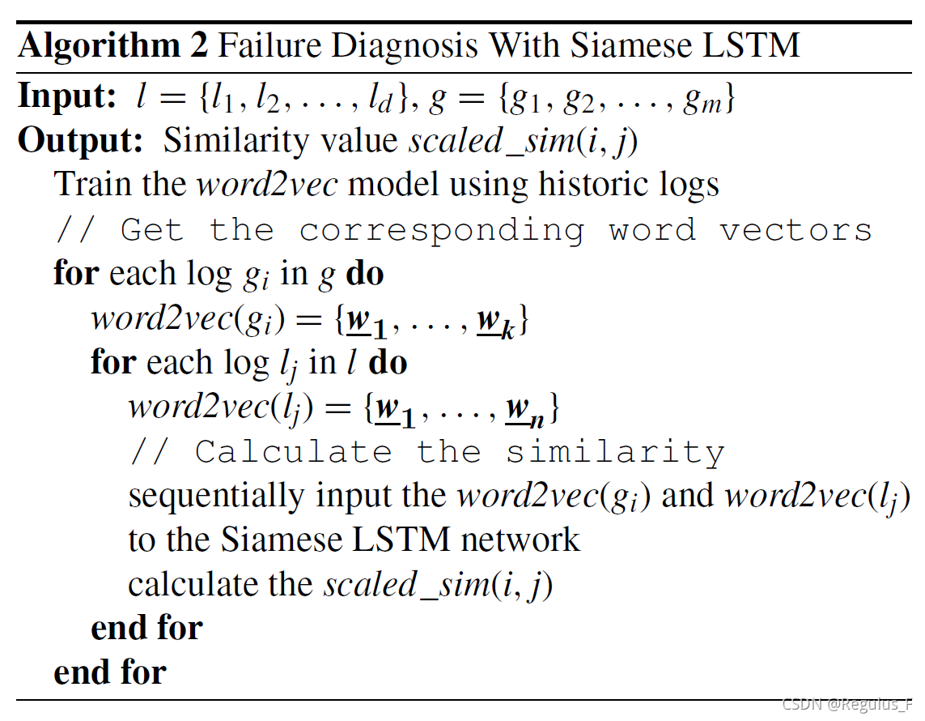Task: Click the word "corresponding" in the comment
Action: coord(441,230)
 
